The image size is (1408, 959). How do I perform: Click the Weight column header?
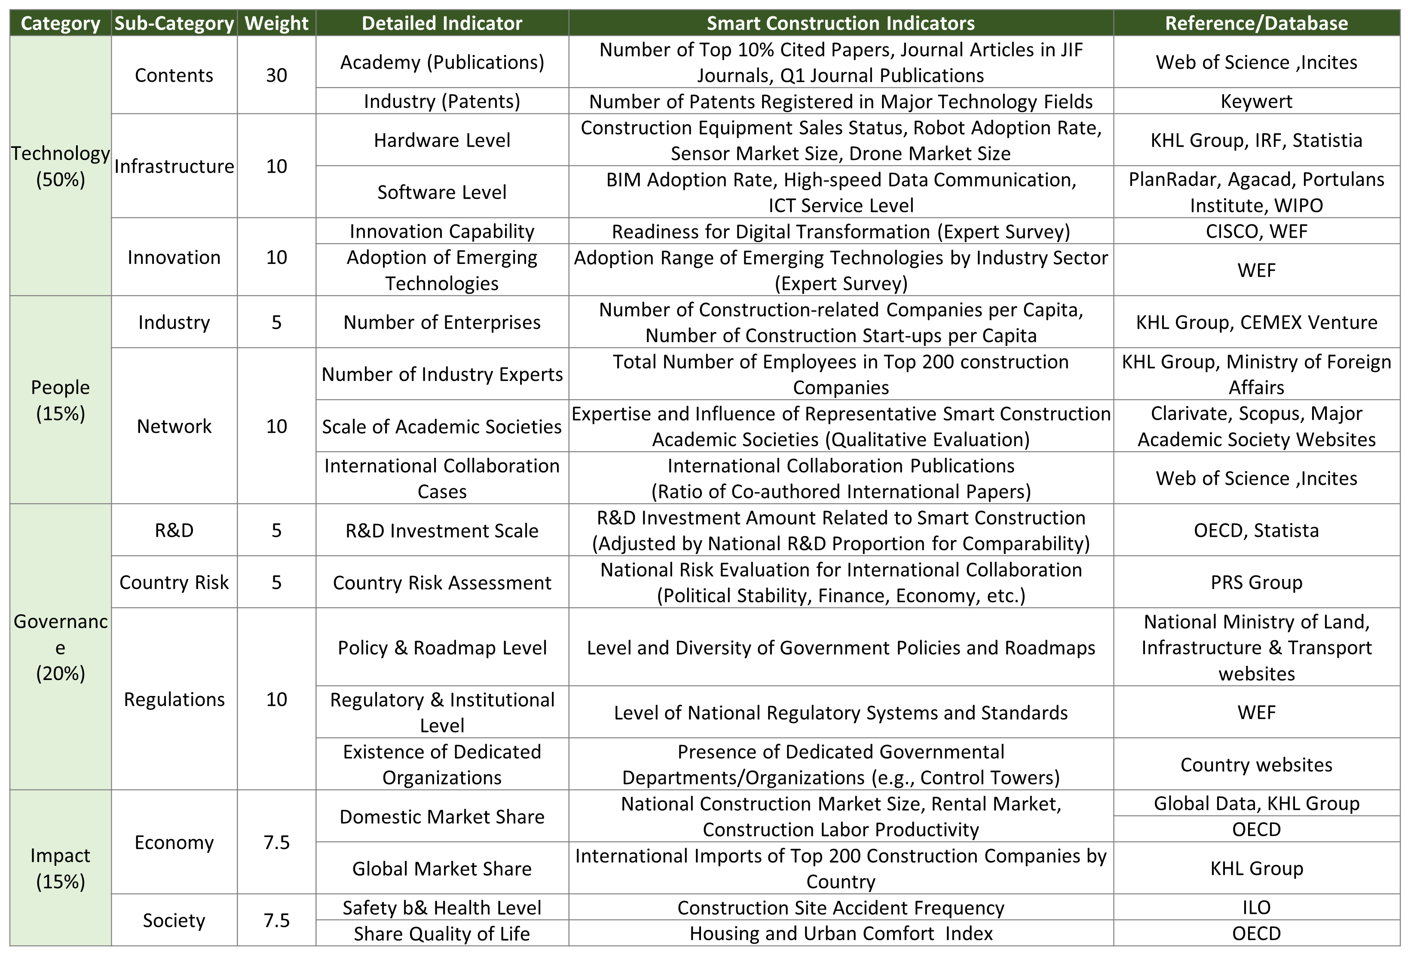tap(276, 23)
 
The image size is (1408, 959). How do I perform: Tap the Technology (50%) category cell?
tap(61, 166)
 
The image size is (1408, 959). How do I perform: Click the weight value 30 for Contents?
tap(276, 75)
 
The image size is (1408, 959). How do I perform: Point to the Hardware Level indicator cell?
tap(442, 140)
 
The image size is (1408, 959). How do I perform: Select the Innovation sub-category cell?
tap(174, 257)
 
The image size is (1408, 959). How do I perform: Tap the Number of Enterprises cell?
tap(442, 322)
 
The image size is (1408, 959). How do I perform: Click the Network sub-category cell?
tap(174, 426)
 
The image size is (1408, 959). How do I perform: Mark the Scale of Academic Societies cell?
tap(442, 426)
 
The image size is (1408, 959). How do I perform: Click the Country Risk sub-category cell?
tap(174, 582)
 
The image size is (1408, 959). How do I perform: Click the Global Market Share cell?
tap(442, 869)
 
